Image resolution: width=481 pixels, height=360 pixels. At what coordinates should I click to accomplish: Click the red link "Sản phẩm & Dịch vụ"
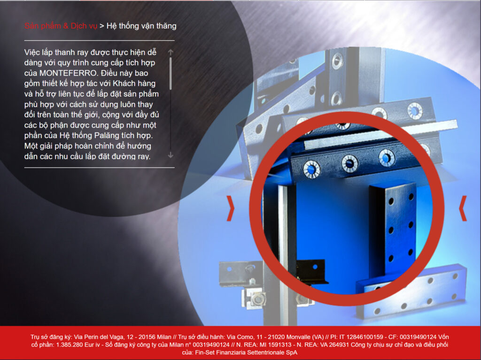point(61,26)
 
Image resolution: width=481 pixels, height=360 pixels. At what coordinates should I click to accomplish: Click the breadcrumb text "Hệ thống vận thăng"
point(141,26)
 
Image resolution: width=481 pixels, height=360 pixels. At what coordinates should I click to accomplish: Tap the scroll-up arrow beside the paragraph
point(171,52)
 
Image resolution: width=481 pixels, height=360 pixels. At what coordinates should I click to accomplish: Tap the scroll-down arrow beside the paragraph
point(171,155)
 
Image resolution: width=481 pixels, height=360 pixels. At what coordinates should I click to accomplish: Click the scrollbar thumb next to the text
point(171,74)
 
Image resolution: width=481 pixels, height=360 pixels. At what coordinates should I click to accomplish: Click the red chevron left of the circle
point(230,208)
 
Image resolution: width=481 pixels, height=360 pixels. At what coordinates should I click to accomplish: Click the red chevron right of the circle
point(463,208)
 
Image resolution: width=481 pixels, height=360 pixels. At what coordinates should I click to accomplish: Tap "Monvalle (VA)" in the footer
point(305,337)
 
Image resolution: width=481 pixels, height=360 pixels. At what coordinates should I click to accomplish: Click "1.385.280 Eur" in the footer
point(75,345)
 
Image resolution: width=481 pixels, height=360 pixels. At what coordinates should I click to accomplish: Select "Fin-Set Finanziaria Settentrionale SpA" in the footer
point(246,352)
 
